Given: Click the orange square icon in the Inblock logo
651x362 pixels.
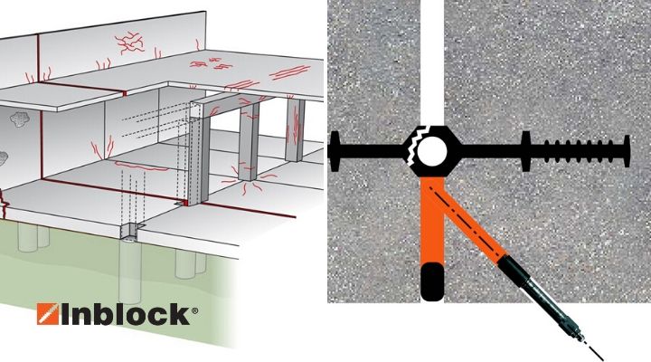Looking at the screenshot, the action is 48,313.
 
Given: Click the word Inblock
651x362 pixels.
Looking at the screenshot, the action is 127,314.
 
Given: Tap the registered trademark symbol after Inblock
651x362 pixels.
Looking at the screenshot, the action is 194,310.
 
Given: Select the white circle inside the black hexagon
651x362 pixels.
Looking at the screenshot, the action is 432,152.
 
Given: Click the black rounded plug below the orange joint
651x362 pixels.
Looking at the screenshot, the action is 432,281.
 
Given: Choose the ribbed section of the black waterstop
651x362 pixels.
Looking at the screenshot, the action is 579,152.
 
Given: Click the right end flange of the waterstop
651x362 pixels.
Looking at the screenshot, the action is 627,152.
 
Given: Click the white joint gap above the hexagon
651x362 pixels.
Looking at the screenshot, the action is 432,62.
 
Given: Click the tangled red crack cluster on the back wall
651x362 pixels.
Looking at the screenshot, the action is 129,43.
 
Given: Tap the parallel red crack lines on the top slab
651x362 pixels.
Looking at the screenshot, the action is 290,72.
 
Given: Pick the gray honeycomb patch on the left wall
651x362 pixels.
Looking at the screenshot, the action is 19,119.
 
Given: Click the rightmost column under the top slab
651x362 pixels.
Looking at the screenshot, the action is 295,129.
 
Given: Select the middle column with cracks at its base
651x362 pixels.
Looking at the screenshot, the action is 249,141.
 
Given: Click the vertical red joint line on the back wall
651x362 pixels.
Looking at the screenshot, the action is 38,58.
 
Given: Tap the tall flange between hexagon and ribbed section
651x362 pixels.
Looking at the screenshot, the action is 526,152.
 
